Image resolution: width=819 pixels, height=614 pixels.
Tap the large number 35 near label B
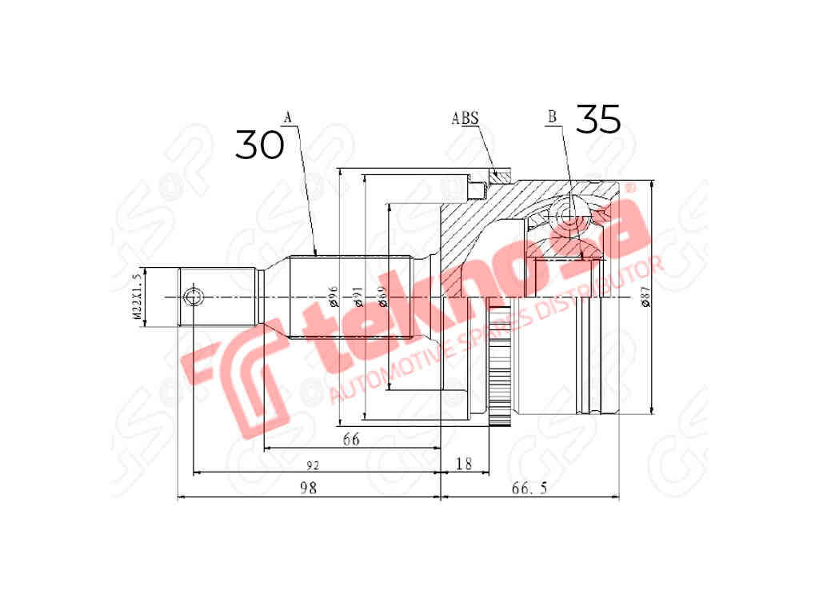597,119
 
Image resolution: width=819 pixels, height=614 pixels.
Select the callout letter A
289,118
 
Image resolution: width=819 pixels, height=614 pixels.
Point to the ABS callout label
465,118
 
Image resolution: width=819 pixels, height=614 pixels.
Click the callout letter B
552,118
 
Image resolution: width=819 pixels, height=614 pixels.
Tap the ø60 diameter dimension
382,298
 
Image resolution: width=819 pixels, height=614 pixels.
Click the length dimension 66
351,439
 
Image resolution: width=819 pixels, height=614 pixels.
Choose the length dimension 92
314,464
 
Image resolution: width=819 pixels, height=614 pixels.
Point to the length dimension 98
309,488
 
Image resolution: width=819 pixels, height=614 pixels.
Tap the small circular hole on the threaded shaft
192,297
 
